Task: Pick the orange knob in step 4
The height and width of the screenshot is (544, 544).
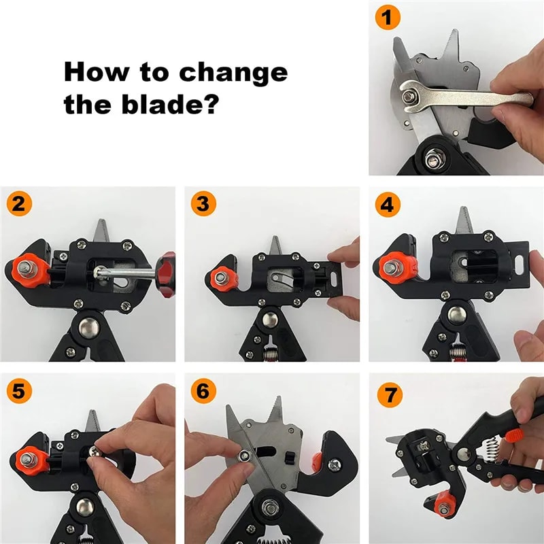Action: point(392,267)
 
